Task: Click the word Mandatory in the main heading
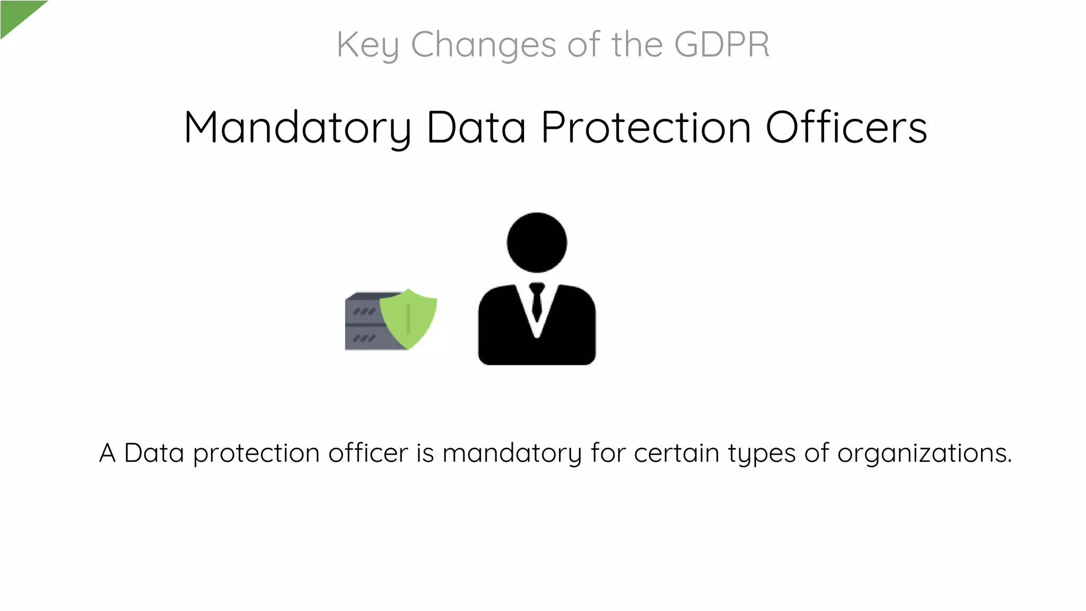(x=297, y=128)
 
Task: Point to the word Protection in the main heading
(x=646, y=128)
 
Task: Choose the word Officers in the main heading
(x=846, y=128)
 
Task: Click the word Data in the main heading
(x=476, y=128)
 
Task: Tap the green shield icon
(x=409, y=318)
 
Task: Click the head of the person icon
(x=537, y=243)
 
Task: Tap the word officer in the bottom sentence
(x=368, y=453)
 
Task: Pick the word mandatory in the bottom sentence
(x=512, y=454)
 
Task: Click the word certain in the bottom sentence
(x=676, y=453)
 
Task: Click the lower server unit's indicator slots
(x=364, y=338)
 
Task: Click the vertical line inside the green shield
(x=408, y=319)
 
